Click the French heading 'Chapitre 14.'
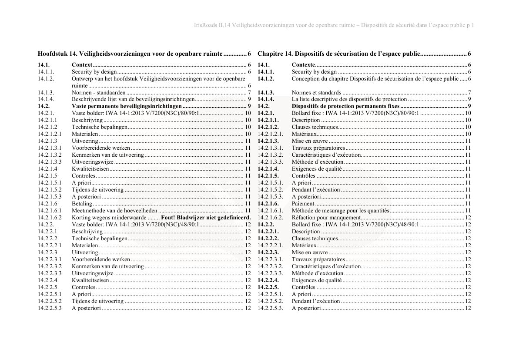click(x=275, y=54)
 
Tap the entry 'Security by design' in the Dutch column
click(x=94, y=72)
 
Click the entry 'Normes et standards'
click(x=316, y=93)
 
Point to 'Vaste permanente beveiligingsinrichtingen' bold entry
click(x=127, y=106)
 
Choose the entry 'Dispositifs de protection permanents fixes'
click(x=345, y=106)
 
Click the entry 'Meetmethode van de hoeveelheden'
click(x=114, y=211)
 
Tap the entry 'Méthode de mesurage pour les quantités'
click(x=340, y=211)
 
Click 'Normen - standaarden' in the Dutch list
click(x=99, y=93)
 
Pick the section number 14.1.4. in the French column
click(x=266, y=99)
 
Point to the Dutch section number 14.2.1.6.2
click(x=50, y=218)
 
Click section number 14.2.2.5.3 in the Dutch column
click(x=50, y=308)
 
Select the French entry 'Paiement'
click(x=303, y=204)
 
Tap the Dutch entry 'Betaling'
click(x=82, y=204)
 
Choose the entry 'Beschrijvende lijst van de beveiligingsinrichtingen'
click(x=133, y=99)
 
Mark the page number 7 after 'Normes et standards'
click(x=469, y=93)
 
